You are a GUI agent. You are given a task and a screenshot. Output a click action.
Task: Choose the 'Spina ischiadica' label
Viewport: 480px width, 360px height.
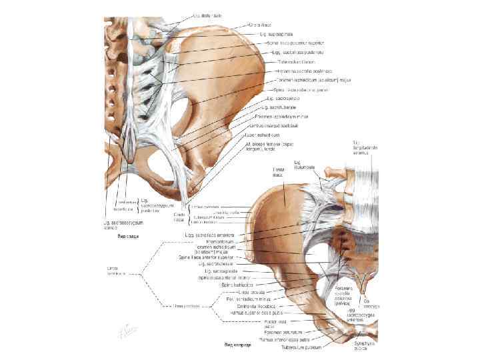tap(234, 284)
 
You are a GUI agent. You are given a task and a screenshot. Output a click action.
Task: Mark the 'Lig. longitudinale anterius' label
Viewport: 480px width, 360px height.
tap(365, 147)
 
